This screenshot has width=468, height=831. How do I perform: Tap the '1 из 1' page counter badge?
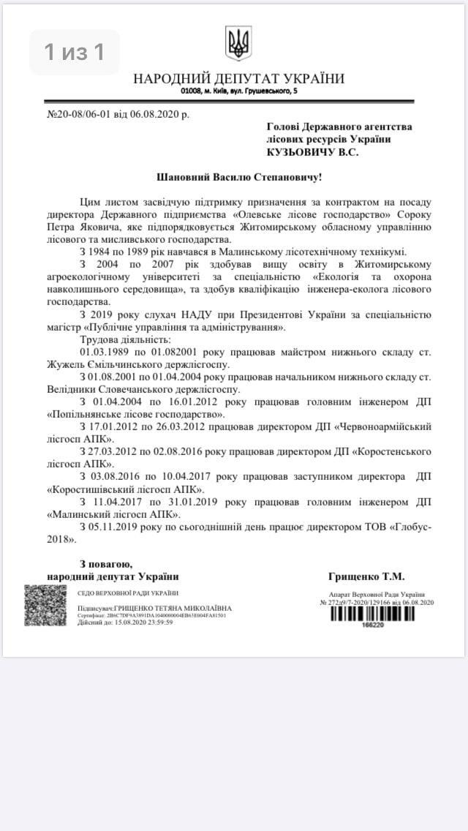[74, 52]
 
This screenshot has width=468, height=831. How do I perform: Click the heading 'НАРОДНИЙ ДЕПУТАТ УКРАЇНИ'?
[238, 79]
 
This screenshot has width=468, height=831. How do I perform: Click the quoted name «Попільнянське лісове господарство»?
[135, 413]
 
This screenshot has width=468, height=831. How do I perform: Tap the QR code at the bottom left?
[45, 605]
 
